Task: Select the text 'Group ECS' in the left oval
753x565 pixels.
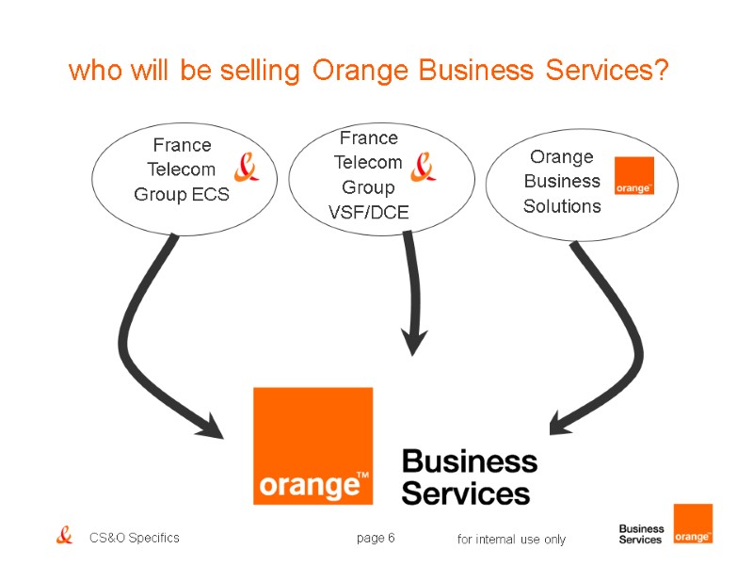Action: click(x=182, y=195)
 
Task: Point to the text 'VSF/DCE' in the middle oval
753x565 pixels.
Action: click(x=368, y=212)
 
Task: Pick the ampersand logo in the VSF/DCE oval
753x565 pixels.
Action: click(x=424, y=166)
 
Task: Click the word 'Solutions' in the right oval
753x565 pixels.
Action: click(x=562, y=205)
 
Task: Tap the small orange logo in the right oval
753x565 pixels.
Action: click(x=633, y=176)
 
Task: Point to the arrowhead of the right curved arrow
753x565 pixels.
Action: click(x=561, y=423)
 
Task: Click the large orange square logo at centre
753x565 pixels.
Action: click(x=312, y=445)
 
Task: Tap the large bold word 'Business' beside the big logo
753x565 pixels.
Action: click(x=469, y=462)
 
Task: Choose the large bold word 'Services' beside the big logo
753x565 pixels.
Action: click(x=465, y=492)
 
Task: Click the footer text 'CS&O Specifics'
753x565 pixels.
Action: click(x=134, y=538)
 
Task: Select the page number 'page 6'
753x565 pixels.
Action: click(x=375, y=538)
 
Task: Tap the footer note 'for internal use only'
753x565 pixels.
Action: click(x=511, y=540)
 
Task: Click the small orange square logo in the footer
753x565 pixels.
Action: click(x=693, y=524)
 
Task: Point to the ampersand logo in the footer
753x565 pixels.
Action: click(x=64, y=536)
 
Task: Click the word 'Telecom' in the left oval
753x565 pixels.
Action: click(x=182, y=169)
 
